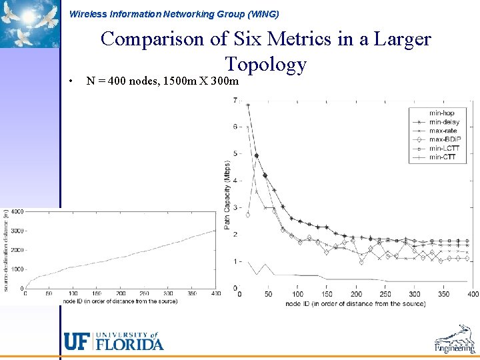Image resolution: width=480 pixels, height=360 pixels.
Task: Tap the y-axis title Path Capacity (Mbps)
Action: click(x=227, y=194)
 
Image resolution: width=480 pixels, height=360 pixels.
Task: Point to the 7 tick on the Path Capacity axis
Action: click(x=235, y=101)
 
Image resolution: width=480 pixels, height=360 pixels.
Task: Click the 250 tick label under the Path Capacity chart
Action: click(x=385, y=294)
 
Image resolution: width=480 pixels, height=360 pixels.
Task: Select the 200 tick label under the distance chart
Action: click(x=121, y=293)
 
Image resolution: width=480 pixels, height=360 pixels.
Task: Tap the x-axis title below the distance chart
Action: click(x=120, y=301)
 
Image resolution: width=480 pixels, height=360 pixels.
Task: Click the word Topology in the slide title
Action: click(x=265, y=64)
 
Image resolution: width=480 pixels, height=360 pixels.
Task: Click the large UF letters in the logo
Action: click(x=77, y=341)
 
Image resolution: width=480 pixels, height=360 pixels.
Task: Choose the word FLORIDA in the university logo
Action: click(x=130, y=345)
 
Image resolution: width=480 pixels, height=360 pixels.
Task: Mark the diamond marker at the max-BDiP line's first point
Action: click(x=248, y=215)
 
